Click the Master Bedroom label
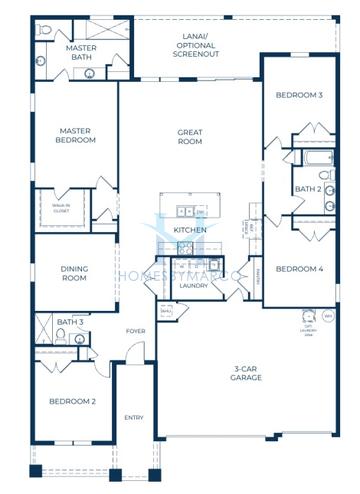pos(76,135)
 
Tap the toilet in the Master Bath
pos(43,31)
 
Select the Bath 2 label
pos(307,189)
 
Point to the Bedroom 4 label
pos(299,268)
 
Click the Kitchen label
pos(190,230)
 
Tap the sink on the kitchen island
pos(185,211)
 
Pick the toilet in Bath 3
pos(61,340)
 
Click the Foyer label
pos(136,331)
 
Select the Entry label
pos(133,417)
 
